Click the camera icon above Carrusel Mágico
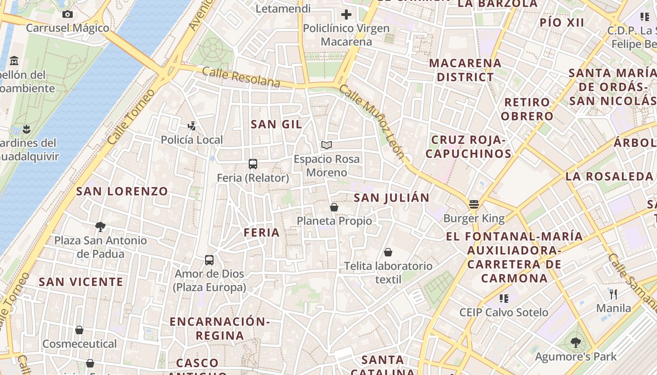[68, 15]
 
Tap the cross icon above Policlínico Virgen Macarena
[346, 15]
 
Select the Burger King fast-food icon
[474, 204]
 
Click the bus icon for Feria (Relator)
[253, 164]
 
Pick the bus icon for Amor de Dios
[209, 260]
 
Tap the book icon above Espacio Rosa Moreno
[327, 145]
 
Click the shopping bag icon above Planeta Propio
[334, 207]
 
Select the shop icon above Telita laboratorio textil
[388, 252]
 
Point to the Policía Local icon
[191, 126]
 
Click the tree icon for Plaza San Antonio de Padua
[100, 227]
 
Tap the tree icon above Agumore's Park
[576, 343]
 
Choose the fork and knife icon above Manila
[613, 294]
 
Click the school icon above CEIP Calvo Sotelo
[504, 298]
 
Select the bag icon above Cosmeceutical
[79, 330]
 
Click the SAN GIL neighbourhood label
[276, 124]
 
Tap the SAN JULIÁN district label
[391, 198]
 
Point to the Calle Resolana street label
[241, 77]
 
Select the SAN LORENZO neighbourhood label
[122, 191]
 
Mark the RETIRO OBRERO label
[527, 109]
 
